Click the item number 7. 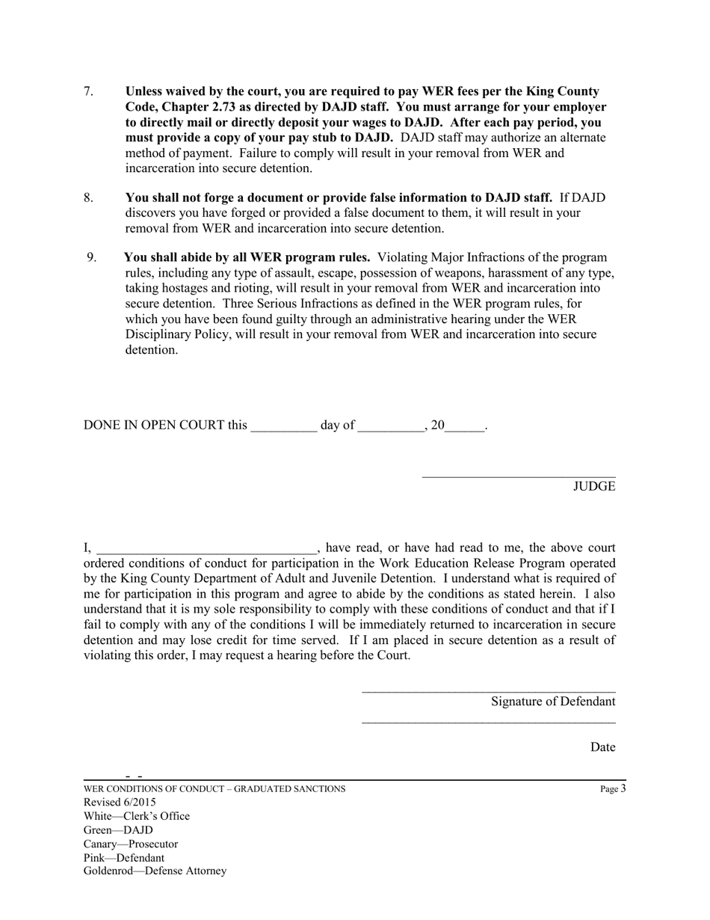tap(88, 91)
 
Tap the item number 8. tap(88, 197)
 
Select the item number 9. tap(91, 257)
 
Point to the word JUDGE tap(594, 486)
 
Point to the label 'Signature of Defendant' tap(553, 702)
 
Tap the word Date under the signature tap(602, 747)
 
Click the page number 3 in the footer tap(623, 788)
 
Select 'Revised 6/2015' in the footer tap(120, 803)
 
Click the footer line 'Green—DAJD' tap(118, 830)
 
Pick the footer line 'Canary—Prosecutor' tap(131, 844)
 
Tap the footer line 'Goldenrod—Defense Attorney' tap(155, 871)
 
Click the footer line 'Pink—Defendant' tap(124, 858)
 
